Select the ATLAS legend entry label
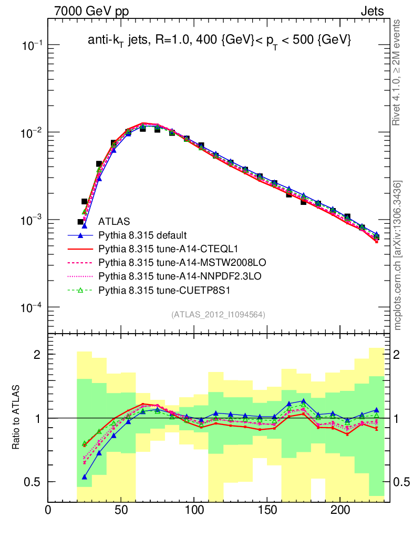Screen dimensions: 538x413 (x=114, y=221)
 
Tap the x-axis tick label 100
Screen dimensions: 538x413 (x=194, y=510)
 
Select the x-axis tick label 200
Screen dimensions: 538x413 (x=340, y=510)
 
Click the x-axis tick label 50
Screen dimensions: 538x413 (x=121, y=510)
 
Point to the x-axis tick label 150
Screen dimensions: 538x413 (x=267, y=510)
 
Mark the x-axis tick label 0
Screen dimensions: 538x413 (x=48, y=510)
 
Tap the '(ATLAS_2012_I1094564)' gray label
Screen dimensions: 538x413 (x=218, y=314)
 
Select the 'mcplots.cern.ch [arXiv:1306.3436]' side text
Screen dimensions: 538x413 (x=398, y=255)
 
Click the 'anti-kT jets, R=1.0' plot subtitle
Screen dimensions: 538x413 (x=219, y=40)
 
